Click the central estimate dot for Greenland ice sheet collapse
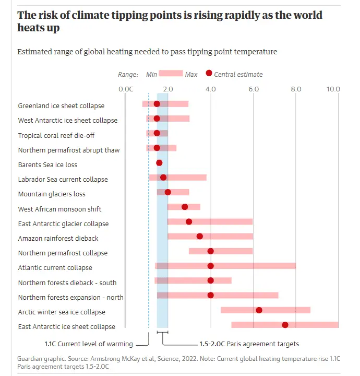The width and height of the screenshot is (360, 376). click(157, 104)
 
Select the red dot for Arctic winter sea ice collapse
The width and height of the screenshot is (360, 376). click(259, 310)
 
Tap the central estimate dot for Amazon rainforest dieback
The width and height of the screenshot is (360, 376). click(199, 237)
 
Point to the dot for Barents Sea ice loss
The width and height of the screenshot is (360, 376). click(159, 163)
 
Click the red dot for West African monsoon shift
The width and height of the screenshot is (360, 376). click(185, 207)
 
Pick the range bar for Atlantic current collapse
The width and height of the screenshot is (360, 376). click(250, 266)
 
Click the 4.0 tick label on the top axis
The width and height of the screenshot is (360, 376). click(210, 89)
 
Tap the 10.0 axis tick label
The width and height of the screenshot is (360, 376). click(333, 89)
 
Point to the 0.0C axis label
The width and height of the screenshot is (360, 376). click(126, 89)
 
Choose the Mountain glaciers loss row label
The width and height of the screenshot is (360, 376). click(52, 194)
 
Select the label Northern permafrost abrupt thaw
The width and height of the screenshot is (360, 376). click(69, 150)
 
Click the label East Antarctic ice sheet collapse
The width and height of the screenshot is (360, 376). click(67, 327)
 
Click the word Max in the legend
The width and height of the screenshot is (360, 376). click(191, 75)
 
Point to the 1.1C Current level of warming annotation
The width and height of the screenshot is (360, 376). click(89, 344)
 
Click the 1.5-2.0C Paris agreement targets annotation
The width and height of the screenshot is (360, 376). click(249, 344)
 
